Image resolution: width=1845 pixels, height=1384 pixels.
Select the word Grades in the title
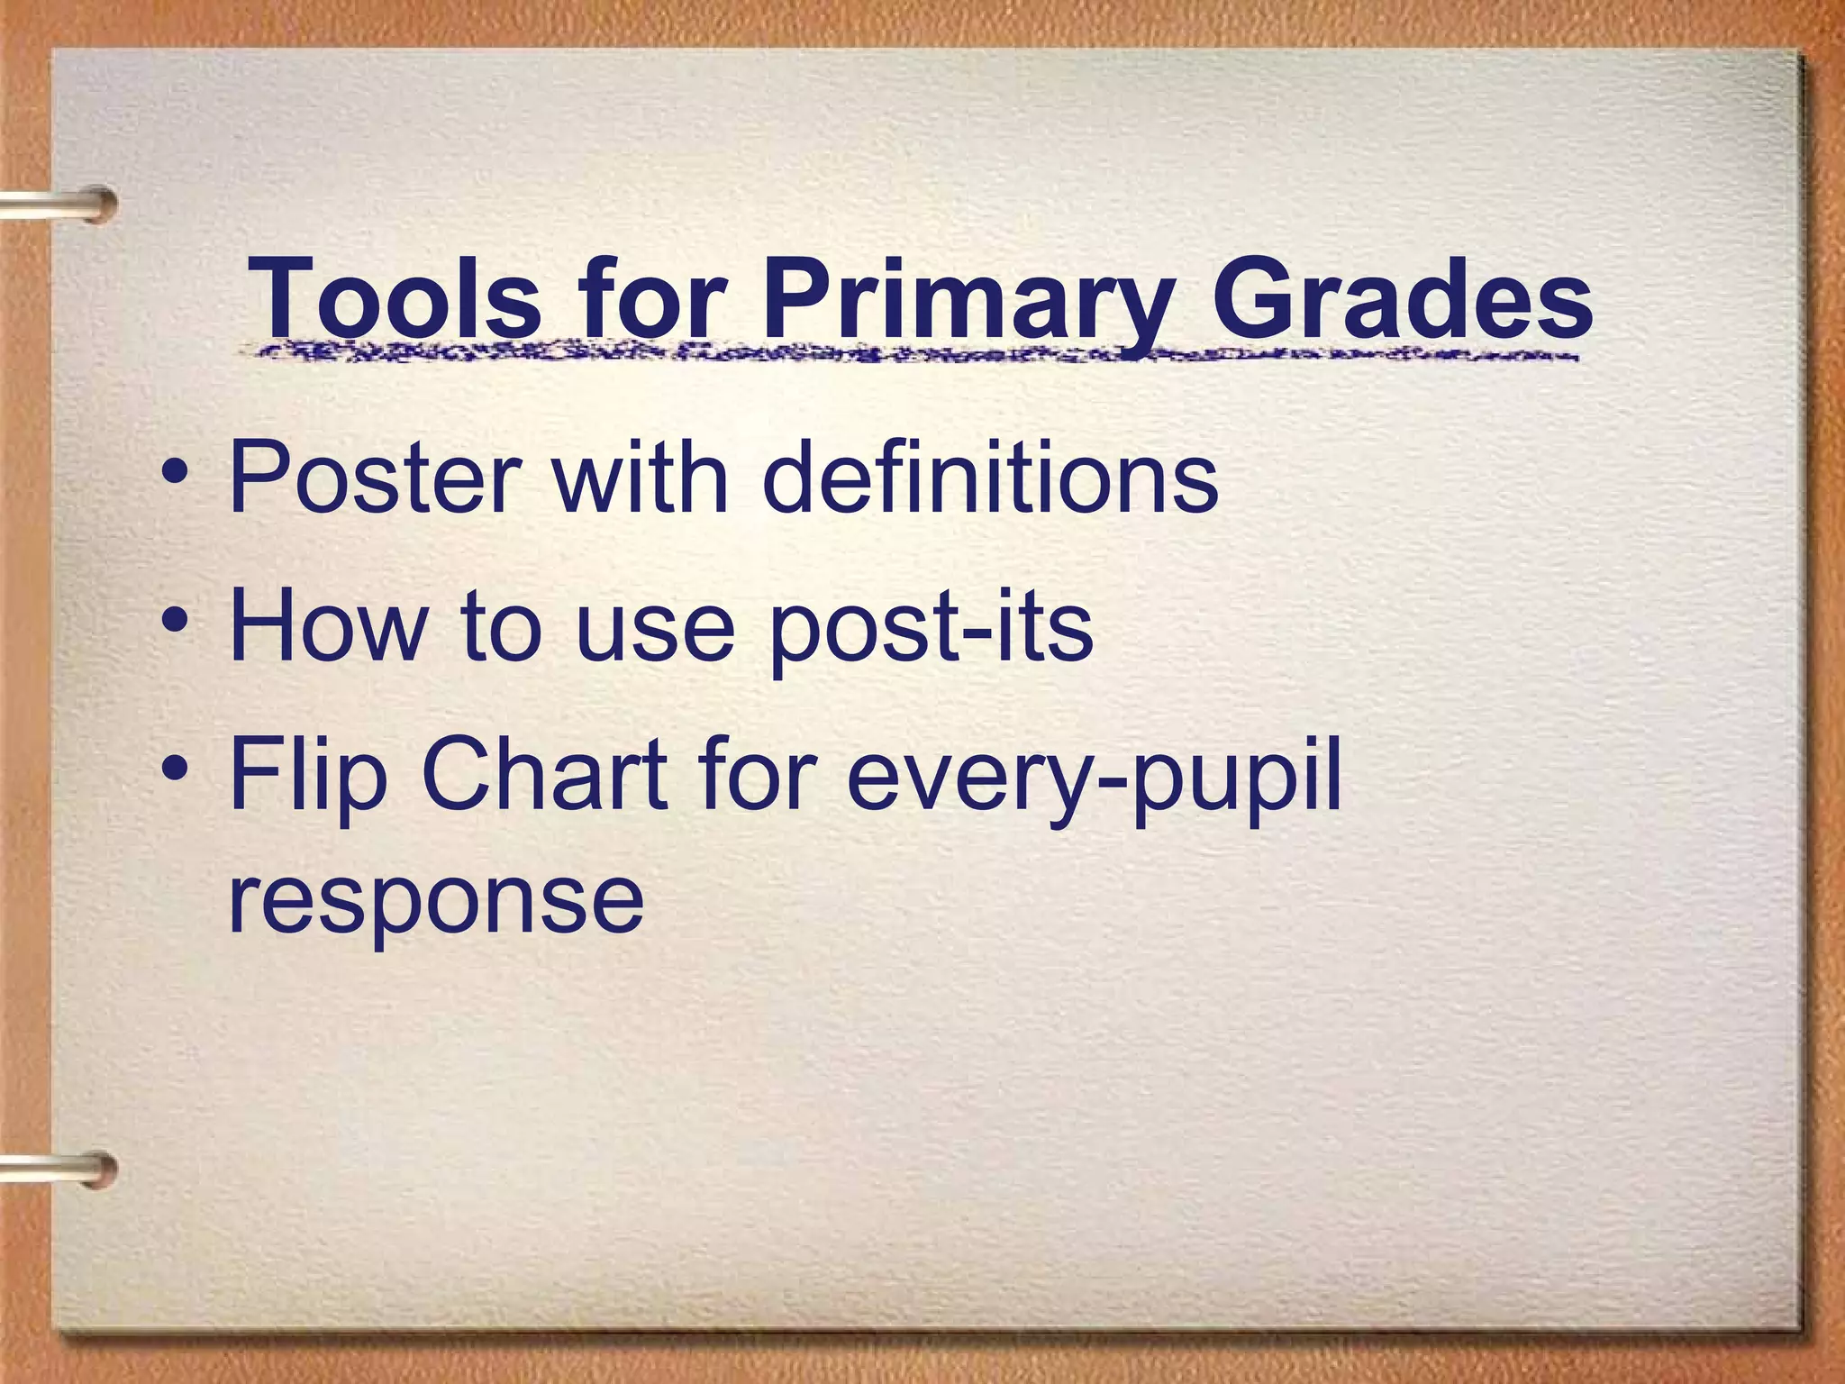pos(1401,297)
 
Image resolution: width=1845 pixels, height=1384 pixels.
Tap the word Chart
pos(544,773)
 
